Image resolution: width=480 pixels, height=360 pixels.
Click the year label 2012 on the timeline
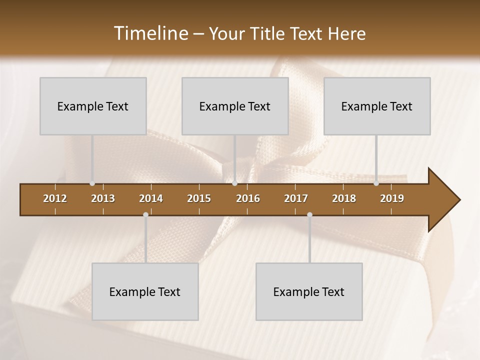tap(55, 198)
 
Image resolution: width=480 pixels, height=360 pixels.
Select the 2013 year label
tap(103, 198)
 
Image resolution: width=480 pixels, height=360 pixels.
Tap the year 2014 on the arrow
tap(151, 198)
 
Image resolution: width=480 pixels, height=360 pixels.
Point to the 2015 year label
tap(199, 198)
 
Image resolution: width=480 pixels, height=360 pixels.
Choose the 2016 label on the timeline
tap(248, 198)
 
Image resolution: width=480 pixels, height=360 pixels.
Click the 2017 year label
tap(296, 198)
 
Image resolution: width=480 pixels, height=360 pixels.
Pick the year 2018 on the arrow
tap(344, 198)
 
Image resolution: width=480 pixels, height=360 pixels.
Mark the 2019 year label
tap(392, 198)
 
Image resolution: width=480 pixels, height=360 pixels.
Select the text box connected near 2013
tap(93, 106)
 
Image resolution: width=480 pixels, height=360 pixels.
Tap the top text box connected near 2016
tap(235, 106)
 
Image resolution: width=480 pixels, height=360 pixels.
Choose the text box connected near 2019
tap(377, 106)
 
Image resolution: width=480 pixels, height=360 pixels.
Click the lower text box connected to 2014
tap(145, 291)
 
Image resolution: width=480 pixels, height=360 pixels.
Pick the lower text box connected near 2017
tap(309, 291)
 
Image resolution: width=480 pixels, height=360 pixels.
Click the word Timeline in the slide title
tap(150, 33)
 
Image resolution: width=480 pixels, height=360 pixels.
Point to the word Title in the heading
tap(268, 33)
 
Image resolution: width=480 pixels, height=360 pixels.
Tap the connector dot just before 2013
tap(92, 183)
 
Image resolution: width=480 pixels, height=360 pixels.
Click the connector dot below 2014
tap(145, 214)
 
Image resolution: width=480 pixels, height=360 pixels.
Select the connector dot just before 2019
tap(376, 183)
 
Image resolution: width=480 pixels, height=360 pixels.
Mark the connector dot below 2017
tap(309, 214)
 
